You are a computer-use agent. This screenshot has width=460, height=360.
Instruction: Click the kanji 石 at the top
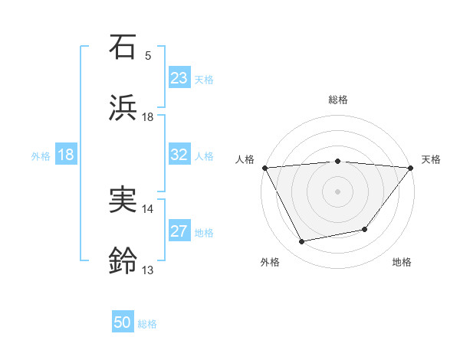[x=123, y=47]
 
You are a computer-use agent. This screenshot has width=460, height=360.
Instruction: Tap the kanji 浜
[x=123, y=108]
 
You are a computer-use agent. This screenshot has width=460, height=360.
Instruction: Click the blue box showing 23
[x=179, y=78]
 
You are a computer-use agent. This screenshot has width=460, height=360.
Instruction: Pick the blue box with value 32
[x=179, y=155]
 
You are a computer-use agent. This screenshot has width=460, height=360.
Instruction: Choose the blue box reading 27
[x=179, y=231]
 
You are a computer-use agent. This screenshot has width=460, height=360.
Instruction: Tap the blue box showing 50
[x=123, y=322]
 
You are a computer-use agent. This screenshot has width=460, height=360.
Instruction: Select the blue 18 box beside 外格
[x=66, y=155]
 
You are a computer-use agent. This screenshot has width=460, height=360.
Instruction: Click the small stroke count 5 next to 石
[x=148, y=56]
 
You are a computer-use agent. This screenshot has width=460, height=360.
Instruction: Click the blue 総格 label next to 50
[x=147, y=324]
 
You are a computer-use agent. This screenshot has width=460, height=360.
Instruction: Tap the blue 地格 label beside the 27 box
[x=204, y=233]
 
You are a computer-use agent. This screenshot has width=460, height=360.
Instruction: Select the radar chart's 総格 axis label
[x=338, y=100]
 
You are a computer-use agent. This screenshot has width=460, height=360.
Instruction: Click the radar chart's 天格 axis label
[x=431, y=159]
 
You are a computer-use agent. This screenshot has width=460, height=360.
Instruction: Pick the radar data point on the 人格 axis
[x=264, y=168]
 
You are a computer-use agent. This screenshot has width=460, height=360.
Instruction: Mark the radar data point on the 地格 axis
[x=366, y=229]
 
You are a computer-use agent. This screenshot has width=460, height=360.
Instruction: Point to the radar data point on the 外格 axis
[x=302, y=242]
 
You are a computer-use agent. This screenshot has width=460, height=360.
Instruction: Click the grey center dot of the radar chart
[x=338, y=191]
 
